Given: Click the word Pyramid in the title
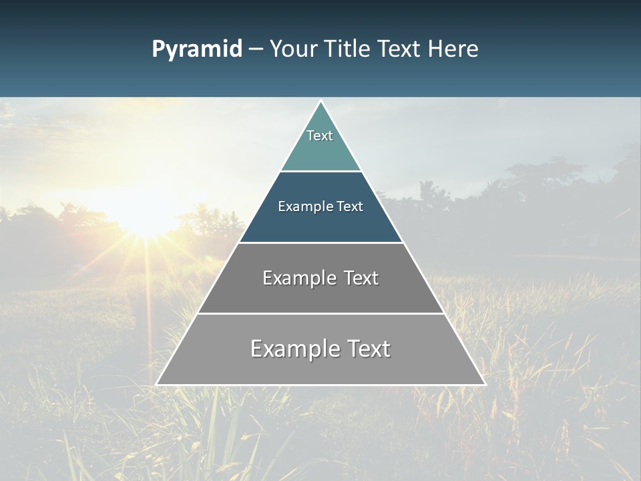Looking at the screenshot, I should pos(197,49).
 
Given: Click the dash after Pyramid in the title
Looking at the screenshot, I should pos(256,50).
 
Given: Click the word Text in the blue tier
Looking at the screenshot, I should pos(350,207).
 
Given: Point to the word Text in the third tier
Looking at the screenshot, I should pos(361,278).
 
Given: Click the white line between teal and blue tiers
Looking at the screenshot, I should pos(320,172).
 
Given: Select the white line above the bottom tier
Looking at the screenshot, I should pos(320,313).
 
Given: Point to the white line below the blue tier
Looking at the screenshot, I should pos(320,243).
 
